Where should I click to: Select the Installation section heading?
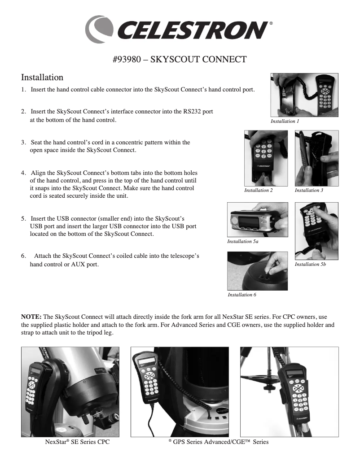coord(42,78)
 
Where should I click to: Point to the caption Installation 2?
coord(258,191)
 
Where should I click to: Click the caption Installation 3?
coord(309,191)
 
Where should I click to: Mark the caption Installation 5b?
coord(310,265)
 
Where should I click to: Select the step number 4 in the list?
coord(23,173)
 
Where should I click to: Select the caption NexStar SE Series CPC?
coord(78,442)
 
